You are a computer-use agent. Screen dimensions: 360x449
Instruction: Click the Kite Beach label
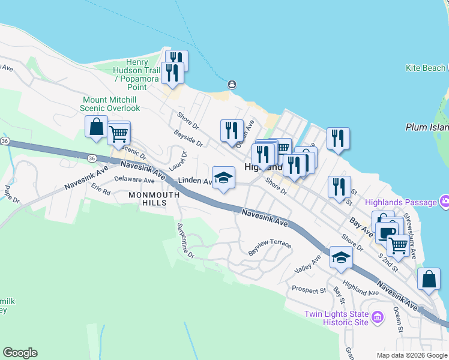[426, 68]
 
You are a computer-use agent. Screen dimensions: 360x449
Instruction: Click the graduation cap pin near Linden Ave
[223, 178]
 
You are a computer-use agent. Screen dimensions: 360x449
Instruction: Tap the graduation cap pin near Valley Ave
[341, 257]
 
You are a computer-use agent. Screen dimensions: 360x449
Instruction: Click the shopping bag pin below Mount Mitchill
[96, 127]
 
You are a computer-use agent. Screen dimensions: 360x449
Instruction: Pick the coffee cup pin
[387, 231]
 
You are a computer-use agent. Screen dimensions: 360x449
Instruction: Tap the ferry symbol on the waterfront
[232, 84]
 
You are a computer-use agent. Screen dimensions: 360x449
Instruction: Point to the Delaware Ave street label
[134, 179]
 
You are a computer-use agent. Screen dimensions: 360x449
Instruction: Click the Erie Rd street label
[101, 192]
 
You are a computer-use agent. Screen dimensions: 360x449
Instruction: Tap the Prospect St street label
[309, 290]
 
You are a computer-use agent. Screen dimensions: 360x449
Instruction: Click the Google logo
[20, 353]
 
